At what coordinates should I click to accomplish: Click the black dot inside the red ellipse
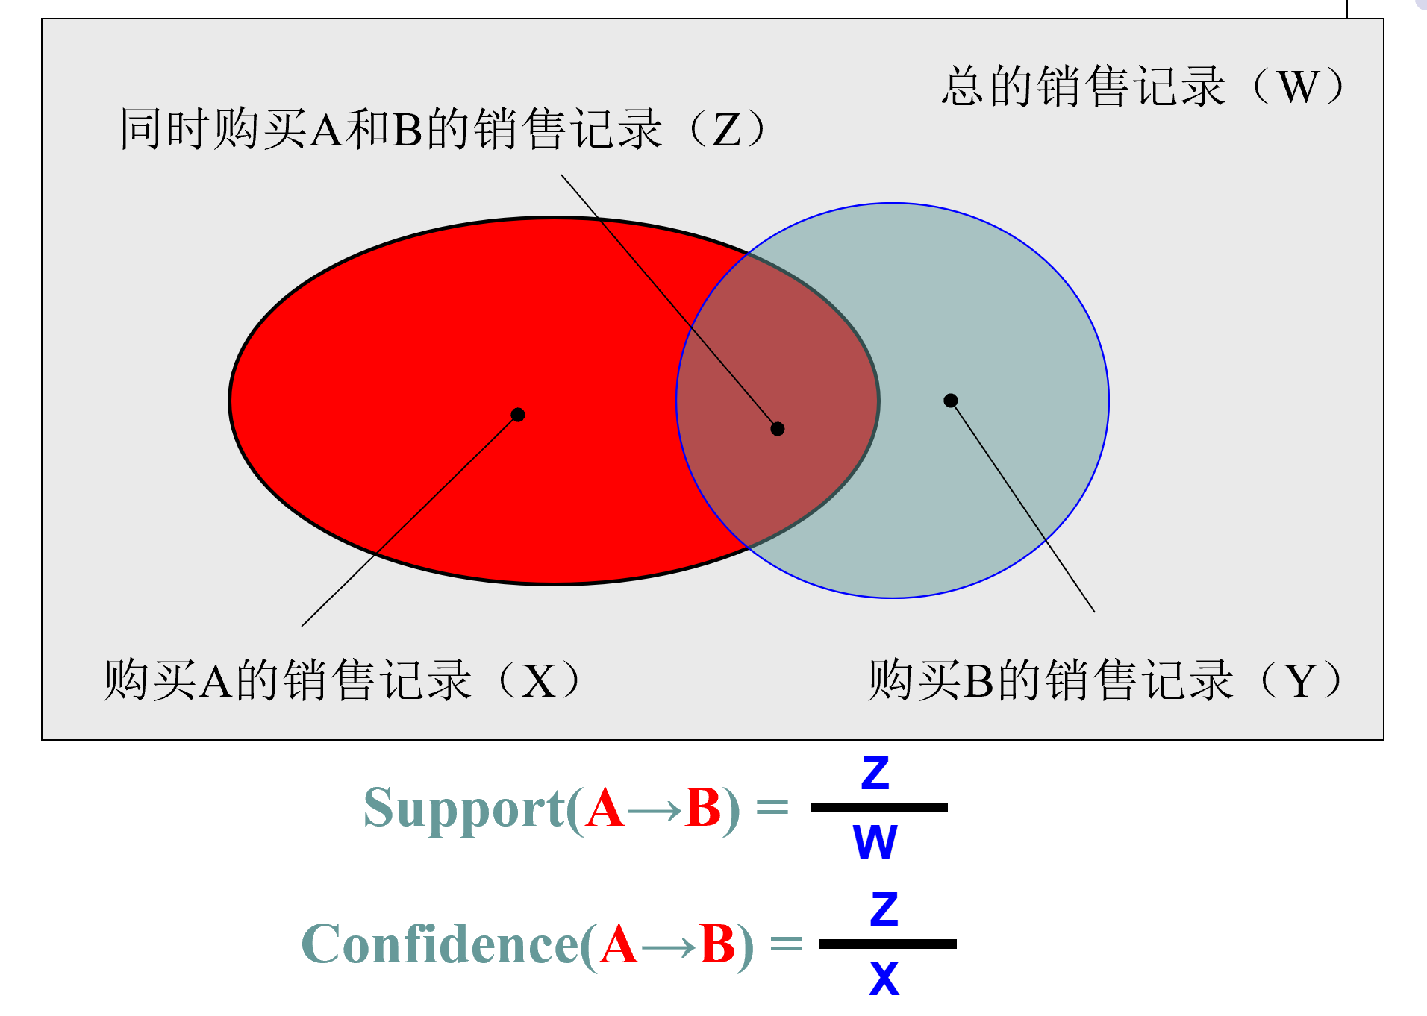coord(518,415)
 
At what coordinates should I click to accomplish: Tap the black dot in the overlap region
coord(778,429)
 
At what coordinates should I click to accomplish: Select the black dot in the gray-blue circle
coord(951,401)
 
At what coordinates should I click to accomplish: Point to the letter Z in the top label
coord(726,130)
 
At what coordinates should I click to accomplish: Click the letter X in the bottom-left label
coord(538,681)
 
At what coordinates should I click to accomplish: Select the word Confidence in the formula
coord(440,945)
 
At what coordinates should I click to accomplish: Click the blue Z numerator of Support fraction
coord(875,774)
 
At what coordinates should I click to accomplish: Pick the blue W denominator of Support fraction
coord(875,842)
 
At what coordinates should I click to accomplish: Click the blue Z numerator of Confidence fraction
coord(884,910)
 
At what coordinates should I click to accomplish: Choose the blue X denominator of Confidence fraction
coord(884,978)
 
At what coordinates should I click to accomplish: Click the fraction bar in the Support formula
coord(879,807)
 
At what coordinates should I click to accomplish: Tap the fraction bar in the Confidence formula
coord(888,944)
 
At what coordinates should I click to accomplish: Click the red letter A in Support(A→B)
coord(605,809)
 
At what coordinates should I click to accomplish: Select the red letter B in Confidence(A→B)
coord(717,945)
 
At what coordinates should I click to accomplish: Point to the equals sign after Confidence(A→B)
coord(786,944)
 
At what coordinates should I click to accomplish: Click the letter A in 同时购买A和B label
coord(326,131)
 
